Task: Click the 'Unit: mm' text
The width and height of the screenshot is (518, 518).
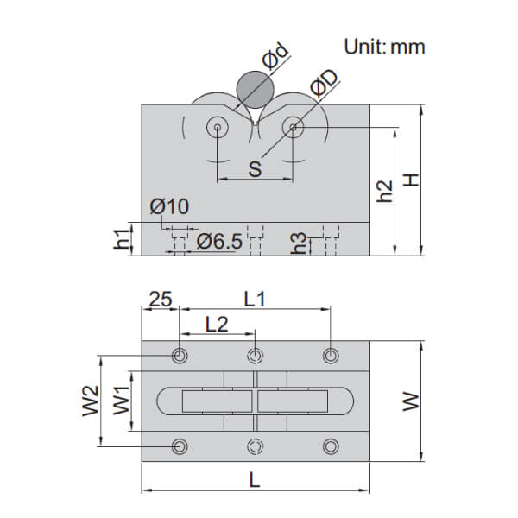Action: tap(385, 46)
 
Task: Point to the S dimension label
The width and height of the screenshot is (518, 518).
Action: tap(255, 167)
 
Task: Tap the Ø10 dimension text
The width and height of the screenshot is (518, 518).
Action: tap(168, 207)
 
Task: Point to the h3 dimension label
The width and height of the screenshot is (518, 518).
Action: tap(300, 243)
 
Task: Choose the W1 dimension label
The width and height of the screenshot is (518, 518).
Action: tap(122, 401)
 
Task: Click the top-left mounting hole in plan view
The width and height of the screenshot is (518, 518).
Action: tap(180, 356)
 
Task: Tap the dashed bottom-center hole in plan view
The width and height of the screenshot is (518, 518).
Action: tap(255, 446)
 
